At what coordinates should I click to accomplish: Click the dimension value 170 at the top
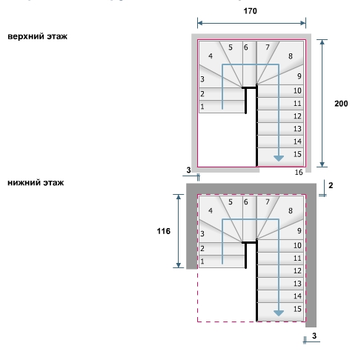(x=250, y=11)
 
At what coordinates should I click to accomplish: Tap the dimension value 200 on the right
(x=341, y=104)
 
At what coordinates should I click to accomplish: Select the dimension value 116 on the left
(x=164, y=231)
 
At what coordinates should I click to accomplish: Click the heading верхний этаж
(x=38, y=36)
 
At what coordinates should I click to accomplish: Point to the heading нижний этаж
(x=36, y=183)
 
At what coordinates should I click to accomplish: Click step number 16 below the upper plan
(x=299, y=172)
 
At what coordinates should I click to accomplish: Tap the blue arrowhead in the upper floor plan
(x=279, y=159)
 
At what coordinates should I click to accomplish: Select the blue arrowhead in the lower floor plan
(x=279, y=313)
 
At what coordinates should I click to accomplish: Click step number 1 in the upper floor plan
(x=202, y=107)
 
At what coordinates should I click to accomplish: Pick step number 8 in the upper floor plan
(x=291, y=56)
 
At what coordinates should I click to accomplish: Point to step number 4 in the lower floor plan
(x=211, y=211)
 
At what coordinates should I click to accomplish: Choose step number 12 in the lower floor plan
(x=297, y=271)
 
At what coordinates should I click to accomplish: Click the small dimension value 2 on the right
(x=331, y=185)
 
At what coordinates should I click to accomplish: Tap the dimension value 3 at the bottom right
(x=314, y=336)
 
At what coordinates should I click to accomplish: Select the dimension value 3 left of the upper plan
(x=189, y=170)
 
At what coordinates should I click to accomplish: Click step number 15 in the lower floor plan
(x=297, y=309)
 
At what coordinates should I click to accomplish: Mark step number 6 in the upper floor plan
(x=245, y=47)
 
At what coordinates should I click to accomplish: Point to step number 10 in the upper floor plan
(x=297, y=90)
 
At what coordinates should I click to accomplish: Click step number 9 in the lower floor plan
(x=299, y=231)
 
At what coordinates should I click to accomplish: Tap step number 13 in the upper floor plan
(x=297, y=129)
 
